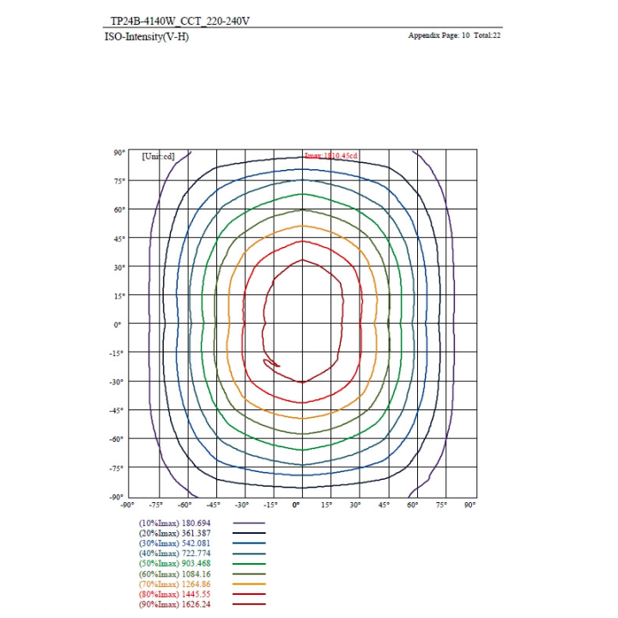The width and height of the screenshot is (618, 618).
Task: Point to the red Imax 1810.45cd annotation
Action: point(330,155)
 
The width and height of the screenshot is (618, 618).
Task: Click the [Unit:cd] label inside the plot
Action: point(158,155)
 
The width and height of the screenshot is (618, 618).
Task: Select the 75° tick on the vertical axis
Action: point(118,180)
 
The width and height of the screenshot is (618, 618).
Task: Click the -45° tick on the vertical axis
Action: point(118,409)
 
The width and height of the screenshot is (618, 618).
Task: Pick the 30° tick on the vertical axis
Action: point(118,266)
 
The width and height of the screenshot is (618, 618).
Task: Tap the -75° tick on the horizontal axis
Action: point(155,506)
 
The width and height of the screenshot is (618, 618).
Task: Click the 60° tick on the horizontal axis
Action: point(413,506)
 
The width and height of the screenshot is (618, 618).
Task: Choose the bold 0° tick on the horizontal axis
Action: point(297,506)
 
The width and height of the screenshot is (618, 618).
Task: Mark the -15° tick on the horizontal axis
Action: point(270,506)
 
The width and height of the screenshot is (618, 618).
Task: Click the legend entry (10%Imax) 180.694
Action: point(174,523)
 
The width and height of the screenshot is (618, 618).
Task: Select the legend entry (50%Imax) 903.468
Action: point(174,563)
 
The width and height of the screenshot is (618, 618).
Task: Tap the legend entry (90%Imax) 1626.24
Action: point(174,604)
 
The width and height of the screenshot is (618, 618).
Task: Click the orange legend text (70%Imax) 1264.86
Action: point(174,584)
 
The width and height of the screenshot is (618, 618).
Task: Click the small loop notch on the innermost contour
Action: point(271,365)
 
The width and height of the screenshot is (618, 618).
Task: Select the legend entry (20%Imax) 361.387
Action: point(174,533)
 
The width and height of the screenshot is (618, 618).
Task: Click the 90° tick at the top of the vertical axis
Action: point(118,152)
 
